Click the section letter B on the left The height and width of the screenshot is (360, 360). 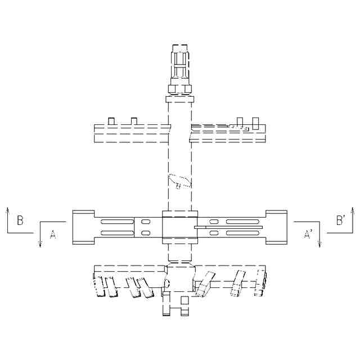coord(20,220)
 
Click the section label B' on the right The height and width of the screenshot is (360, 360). coord(341,220)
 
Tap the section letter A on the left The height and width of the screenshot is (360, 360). coord(53,235)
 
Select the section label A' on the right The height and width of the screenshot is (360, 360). coord(308,235)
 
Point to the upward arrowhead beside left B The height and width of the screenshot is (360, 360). coord(7,210)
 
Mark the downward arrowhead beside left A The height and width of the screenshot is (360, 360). coord(40,244)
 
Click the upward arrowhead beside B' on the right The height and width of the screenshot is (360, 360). coord(353,210)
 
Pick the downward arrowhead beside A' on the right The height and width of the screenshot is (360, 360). coord(320,244)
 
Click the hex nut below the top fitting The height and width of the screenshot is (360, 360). coord(180,89)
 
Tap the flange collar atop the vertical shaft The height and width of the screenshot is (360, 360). coord(180,100)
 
